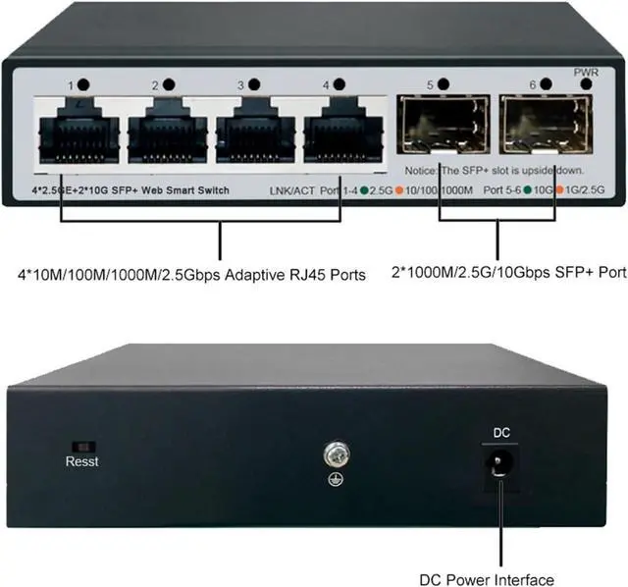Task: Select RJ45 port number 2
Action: tap(167, 132)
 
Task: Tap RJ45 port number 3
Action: tap(254, 132)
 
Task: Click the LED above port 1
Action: tap(84, 86)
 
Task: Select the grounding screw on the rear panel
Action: tap(334, 454)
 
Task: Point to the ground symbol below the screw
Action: tap(334, 481)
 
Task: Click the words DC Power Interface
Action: tap(499, 579)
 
